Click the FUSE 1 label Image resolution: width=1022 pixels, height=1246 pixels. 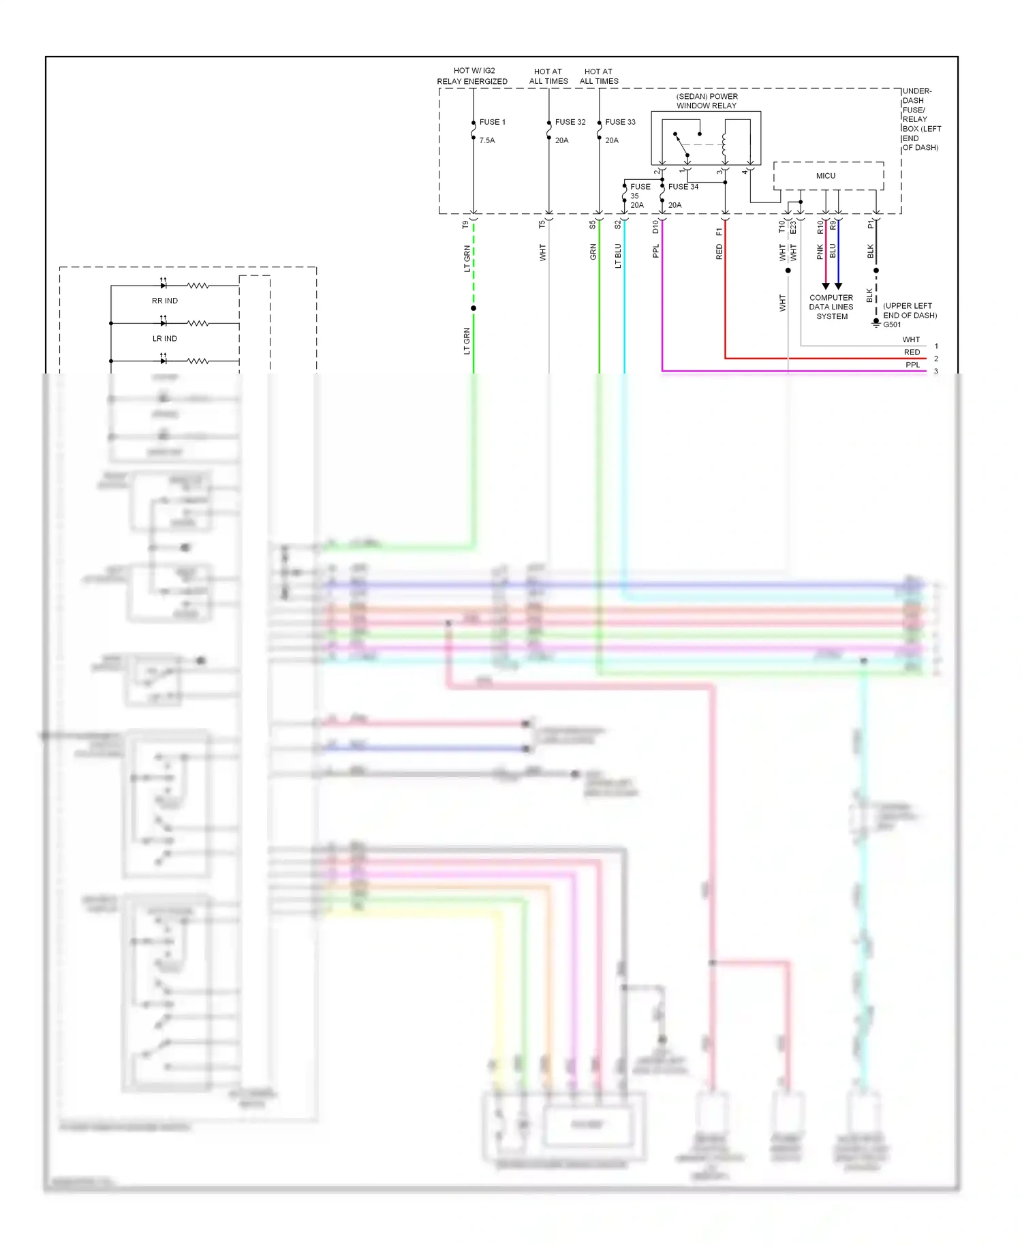tap(492, 122)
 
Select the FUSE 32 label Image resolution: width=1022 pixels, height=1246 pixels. tap(570, 122)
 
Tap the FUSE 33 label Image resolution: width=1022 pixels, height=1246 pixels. tap(620, 122)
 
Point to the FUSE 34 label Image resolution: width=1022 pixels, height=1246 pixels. tap(683, 187)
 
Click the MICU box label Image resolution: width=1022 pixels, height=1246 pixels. tap(826, 176)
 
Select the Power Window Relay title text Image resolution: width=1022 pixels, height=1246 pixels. tap(707, 101)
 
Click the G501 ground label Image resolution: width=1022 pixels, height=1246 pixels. tap(892, 324)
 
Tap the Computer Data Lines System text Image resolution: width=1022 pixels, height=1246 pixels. tap(831, 307)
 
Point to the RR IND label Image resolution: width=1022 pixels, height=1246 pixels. tap(165, 301)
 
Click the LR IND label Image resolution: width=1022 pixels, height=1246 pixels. tap(165, 339)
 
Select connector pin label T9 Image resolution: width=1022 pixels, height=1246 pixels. tap(465, 224)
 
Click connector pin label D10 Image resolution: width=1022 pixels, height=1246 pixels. tap(655, 226)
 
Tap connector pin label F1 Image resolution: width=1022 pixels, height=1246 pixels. tap(719, 232)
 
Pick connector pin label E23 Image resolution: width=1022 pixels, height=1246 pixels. tap(793, 228)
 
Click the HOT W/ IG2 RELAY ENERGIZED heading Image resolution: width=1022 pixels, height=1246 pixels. tap(472, 76)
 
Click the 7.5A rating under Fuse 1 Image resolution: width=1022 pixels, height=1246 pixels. tap(487, 140)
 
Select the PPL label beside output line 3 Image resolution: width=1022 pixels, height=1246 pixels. tap(912, 365)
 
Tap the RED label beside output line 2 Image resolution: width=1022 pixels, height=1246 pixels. tap(912, 352)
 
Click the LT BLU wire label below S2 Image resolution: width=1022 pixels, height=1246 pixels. tap(618, 256)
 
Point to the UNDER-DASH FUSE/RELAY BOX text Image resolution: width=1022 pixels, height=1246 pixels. tap(920, 119)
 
